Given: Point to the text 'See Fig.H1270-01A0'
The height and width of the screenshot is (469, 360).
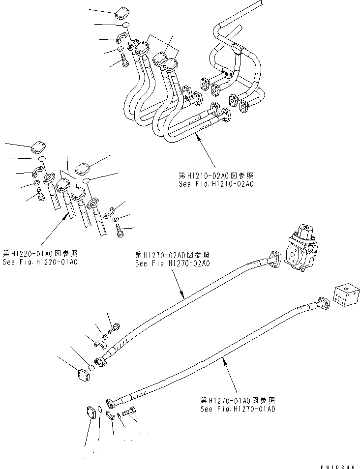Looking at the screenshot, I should (238, 409).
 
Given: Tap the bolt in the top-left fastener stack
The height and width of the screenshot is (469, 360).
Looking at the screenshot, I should (123, 62).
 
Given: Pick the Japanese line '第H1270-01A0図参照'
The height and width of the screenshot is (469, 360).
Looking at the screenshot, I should (238, 400).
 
